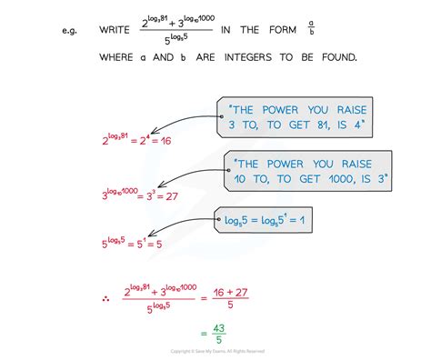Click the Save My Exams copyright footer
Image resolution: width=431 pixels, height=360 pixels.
click(215, 352)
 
